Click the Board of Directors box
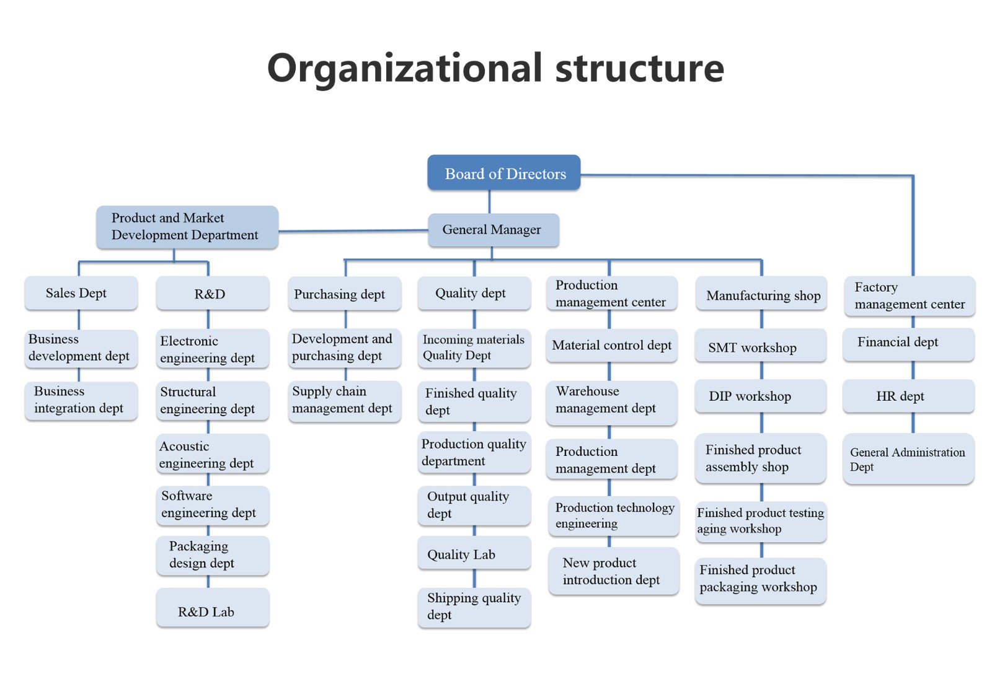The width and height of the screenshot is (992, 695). pyautogui.click(x=503, y=173)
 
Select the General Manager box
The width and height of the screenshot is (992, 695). pyautogui.click(x=494, y=230)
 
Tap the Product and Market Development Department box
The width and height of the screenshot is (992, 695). pyautogui.click(x=187, y=227)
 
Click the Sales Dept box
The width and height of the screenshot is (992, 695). pyautogui.click(x=81, y=293)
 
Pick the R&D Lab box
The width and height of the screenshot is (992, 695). pyautogui.click(x=213, y=608)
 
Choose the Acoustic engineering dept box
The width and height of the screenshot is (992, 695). pyautogui.click(x=213, y=454)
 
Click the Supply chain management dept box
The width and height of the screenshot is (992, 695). pyautogui.click(x=345, y=401)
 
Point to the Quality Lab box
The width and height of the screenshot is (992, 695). pyautogui.click(x=474, y=553)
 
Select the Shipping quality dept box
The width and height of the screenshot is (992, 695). pyautogui.click(x=474, y=608)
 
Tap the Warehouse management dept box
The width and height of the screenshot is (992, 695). pyautogui.click(x=611, y=403)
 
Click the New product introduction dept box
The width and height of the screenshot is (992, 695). pyautogui.click(x=613, y=571)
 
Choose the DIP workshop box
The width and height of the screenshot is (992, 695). pyautogui.click(x=760, y=396)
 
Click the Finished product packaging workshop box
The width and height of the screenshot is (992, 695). pyautogui.click(x=760, y=581)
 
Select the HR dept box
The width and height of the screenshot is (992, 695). pyautogui.click(x=909, y=396)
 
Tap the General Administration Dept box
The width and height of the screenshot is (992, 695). pyautogui.click(x=909, y=458)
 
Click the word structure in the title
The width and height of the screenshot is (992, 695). pyautogui.click(x=639, y=68)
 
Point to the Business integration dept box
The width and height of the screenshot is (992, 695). pyautogui.click(x=81, y=401)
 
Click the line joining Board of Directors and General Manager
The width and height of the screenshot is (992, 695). pyautogui.click(x=489, y=202)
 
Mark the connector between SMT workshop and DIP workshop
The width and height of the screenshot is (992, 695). pyautogui.click(x=762, y=370)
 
